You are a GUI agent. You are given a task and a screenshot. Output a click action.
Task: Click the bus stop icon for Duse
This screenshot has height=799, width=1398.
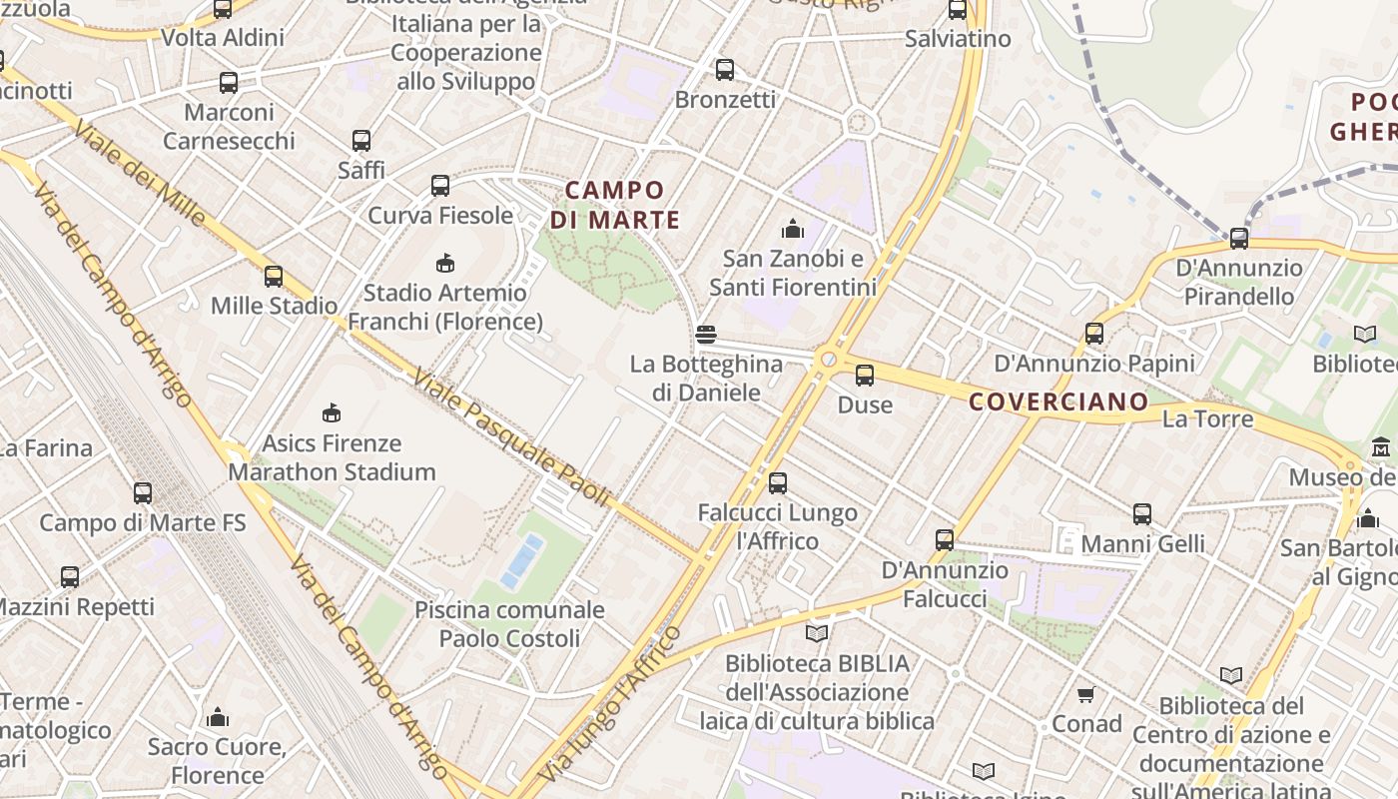tap(865, 376)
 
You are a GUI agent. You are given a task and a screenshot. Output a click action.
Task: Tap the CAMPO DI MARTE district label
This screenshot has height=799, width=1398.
tap(615, 205)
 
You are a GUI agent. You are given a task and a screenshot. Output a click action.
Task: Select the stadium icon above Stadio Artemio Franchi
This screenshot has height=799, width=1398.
tap(445, 263)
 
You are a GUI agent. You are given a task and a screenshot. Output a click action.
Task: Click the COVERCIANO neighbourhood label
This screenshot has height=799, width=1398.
tap(1059, 401)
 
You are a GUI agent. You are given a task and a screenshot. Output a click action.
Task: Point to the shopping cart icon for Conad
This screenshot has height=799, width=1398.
tap(1086, 693)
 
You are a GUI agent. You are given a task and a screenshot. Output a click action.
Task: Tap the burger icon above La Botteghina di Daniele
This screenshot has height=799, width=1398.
tap(706, 335)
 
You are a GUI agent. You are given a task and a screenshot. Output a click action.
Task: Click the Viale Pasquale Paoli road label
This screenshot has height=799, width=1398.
tap(510, 438)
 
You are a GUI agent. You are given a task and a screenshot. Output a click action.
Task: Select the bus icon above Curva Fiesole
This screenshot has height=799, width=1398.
tap(440, 185)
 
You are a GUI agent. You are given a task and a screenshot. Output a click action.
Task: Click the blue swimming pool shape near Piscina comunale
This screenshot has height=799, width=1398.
tap(523, 561)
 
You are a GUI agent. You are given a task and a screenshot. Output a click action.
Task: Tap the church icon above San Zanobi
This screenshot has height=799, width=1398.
tap(793, 229)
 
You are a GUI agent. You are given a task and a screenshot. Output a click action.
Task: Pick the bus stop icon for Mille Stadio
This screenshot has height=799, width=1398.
tap(274, 276)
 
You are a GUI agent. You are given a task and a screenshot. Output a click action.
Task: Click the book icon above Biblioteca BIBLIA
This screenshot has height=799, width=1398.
tap(817, 633)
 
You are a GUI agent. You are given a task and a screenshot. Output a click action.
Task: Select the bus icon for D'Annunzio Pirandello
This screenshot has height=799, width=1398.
tap(1239, 238)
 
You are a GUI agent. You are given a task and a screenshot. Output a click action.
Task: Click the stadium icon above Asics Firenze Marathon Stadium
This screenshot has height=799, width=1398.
tap(332, 412)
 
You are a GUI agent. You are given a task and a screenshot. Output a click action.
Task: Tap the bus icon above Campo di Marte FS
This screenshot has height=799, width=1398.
tap(143, 492)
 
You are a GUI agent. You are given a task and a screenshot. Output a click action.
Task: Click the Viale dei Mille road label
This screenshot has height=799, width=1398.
tap(140, 174)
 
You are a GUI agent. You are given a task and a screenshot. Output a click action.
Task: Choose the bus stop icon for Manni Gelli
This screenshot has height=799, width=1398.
tap(1142, 514)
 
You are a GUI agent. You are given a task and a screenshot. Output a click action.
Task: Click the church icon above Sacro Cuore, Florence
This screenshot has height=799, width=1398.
tap(217, 717)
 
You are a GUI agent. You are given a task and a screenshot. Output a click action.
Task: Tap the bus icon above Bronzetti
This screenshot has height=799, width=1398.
tap(725, 70)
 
